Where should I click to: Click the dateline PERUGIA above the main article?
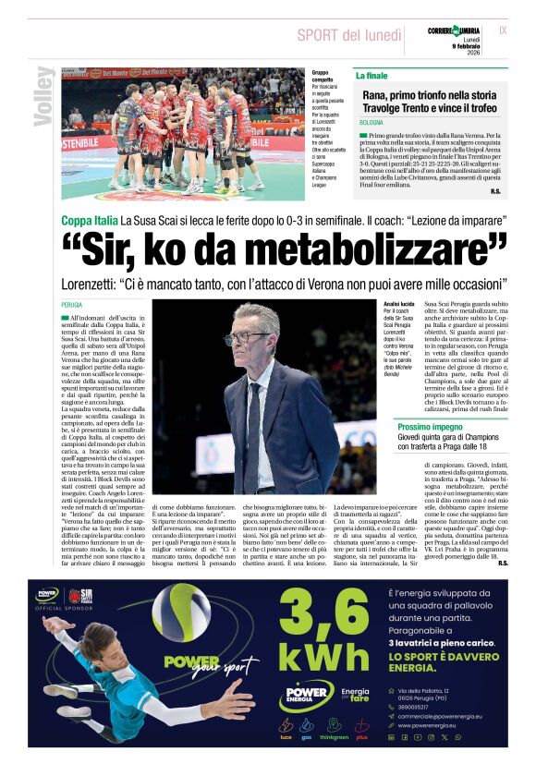72,304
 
